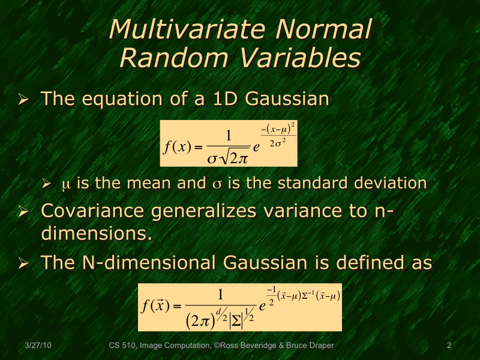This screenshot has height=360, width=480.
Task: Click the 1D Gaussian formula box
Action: (228, 143)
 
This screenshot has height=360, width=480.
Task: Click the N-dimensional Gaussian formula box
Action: (240, 307)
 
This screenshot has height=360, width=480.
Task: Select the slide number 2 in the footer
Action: (449, 346)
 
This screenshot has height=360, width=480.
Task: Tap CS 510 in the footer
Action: (123, 346)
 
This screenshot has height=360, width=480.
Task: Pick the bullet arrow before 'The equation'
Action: (24, 99)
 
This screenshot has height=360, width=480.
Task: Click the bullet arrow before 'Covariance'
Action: (24, 212)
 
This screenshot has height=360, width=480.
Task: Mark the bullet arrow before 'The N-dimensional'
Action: (24, 263)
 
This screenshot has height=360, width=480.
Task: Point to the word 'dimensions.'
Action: (96, 233)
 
